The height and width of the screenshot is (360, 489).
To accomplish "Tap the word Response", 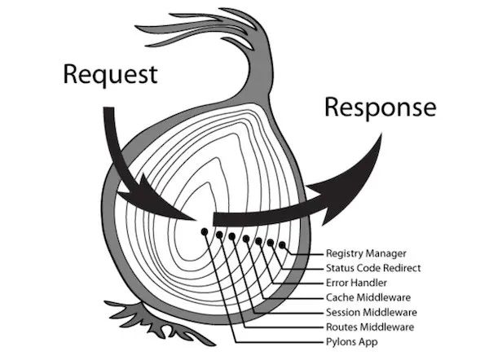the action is pyautogui.click(x=380, y=108).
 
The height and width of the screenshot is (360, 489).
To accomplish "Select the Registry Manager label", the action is pyautogui.click(x=367, y=252).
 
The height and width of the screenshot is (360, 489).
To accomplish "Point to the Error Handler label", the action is pyautogui.click(x=357, y=282).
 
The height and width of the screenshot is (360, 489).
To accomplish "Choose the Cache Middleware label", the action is pyautogui.click(x=368, y=296).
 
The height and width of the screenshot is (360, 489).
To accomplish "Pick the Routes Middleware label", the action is pyautogui.click(x=369, y=326).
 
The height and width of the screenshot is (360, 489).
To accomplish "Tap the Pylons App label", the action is pyautogui.click(x=353, y=340).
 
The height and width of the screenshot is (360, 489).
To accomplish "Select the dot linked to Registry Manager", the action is pyautogui.click(x=282, y=244).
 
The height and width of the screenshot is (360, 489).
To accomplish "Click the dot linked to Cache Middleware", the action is pyautogui.click(x=246, y=239).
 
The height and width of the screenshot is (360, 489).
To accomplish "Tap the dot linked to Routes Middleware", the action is pyautogui.click(x=220, y=235).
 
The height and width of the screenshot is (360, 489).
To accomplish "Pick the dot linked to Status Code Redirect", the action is pyautogui.click(x=271, y=243).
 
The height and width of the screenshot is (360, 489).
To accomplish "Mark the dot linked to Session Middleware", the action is pyautogui.click(x=233, y=237).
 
